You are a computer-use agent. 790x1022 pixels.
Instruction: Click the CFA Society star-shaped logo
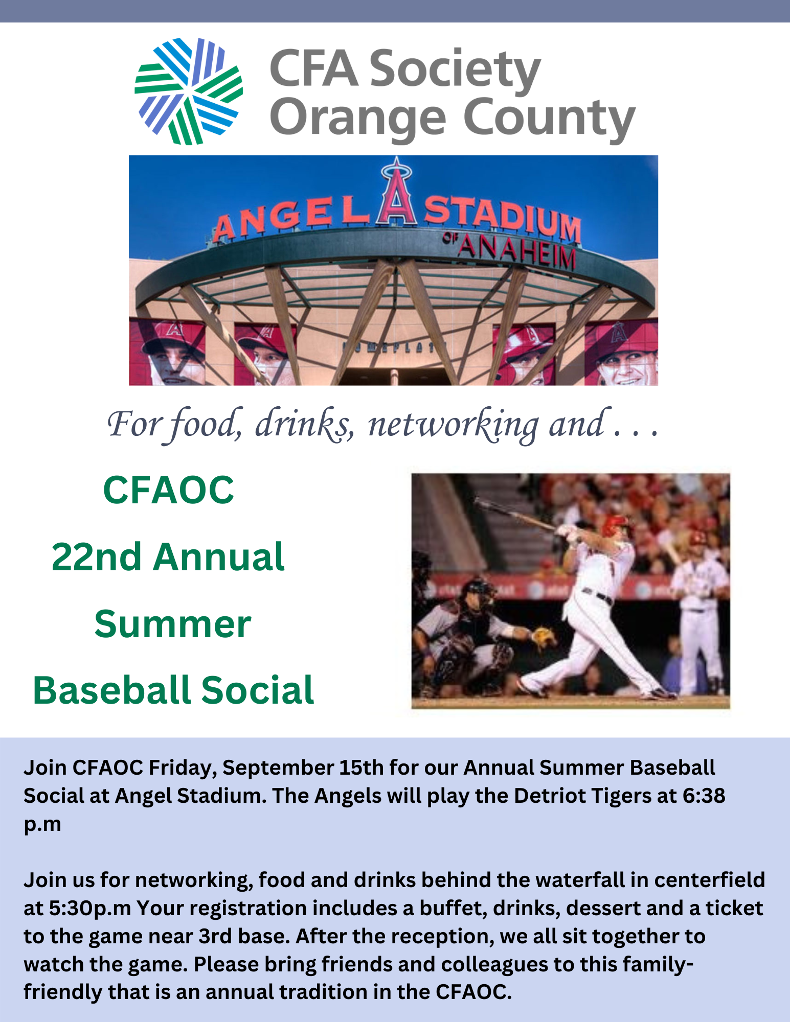point(188,91)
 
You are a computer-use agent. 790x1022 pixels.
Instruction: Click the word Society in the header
point(455,69)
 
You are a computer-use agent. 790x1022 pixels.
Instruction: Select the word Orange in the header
point(358,119)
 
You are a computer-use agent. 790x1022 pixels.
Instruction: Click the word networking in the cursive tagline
point(453,424)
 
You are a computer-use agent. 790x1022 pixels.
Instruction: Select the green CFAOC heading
point(168,490)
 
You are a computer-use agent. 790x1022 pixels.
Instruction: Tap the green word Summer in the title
point(172,624)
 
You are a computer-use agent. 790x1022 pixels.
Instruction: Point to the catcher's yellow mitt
point(544,636)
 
